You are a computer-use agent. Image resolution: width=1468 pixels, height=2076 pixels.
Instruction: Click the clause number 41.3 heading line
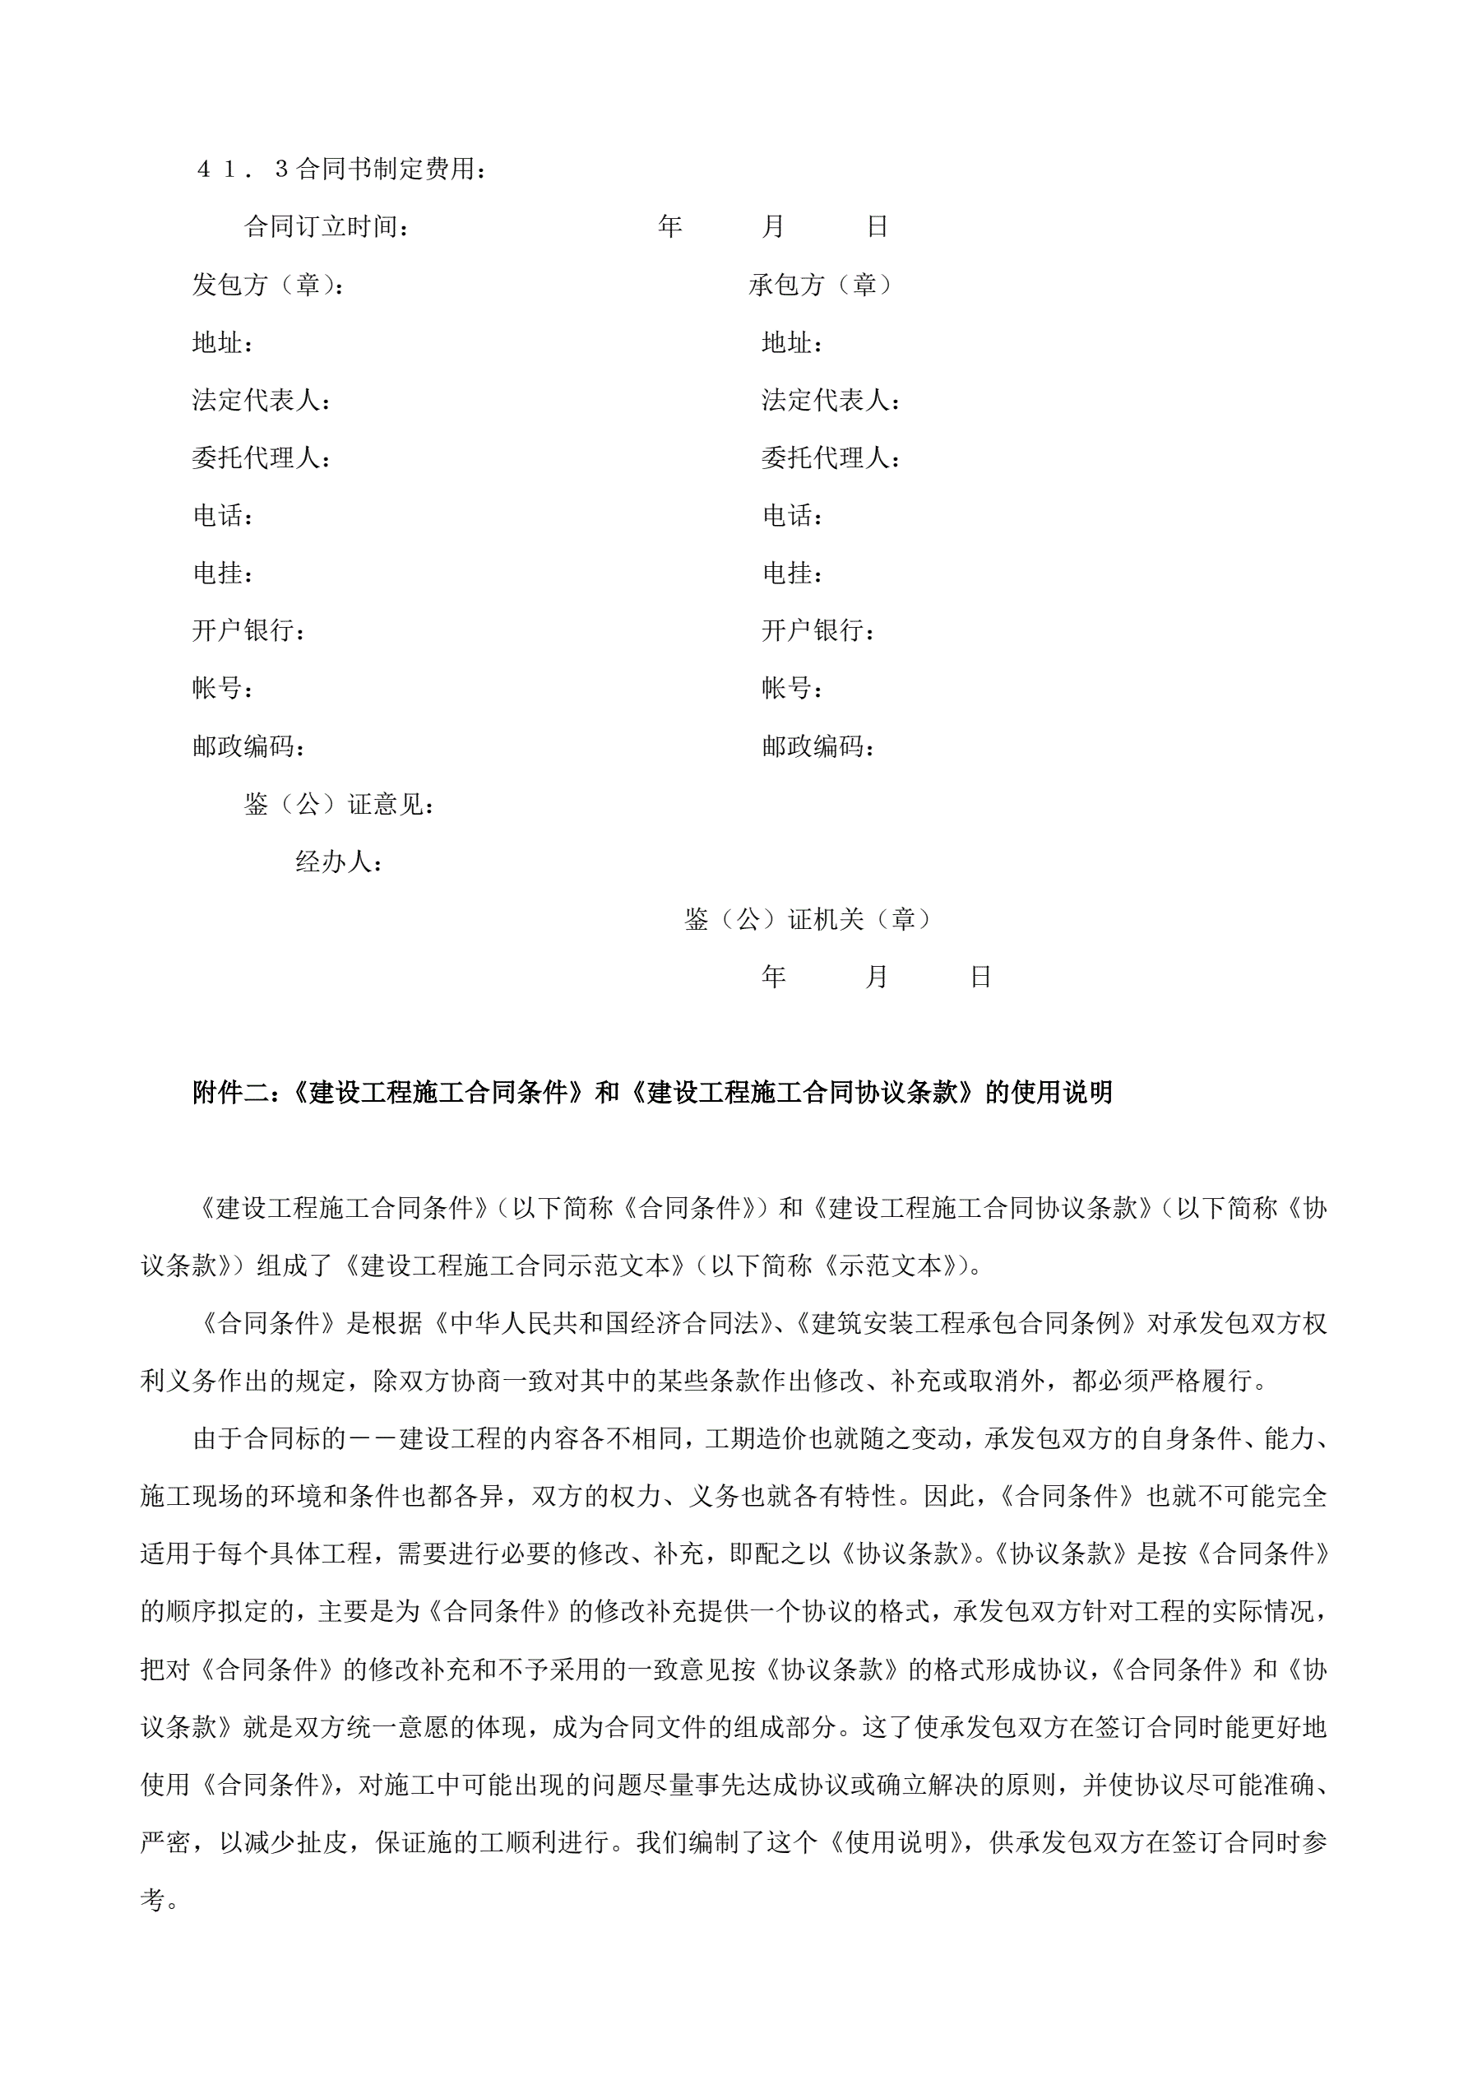coord(341,169)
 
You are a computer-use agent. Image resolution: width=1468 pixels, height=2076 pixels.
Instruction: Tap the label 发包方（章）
coord(267,285)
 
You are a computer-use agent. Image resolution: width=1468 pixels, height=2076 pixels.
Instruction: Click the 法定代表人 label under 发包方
coord(262,400)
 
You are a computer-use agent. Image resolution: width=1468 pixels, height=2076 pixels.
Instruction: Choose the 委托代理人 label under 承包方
coord(831,457)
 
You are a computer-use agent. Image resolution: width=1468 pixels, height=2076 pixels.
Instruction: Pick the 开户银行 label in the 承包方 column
coord(818,630)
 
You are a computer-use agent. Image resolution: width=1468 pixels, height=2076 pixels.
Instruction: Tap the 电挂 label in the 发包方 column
coord(222,573)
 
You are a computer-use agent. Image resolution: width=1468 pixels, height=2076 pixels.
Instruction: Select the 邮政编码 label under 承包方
coord(818,746)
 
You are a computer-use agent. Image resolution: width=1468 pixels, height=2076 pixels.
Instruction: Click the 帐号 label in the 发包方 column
coord(222,688)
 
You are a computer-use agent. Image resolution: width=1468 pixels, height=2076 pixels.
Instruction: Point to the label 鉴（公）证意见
coord(340,804)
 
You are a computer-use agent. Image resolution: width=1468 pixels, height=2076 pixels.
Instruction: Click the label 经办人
coord(339,862)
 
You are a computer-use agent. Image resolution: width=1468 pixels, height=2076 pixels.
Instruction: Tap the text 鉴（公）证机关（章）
coord(808,920)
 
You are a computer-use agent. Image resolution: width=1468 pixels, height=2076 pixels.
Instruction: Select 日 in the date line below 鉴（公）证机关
coord(981,977)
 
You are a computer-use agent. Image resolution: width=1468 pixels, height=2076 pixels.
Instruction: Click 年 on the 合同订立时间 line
coord(669,227)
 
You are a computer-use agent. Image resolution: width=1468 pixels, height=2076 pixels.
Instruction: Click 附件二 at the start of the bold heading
coord(231,1094)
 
